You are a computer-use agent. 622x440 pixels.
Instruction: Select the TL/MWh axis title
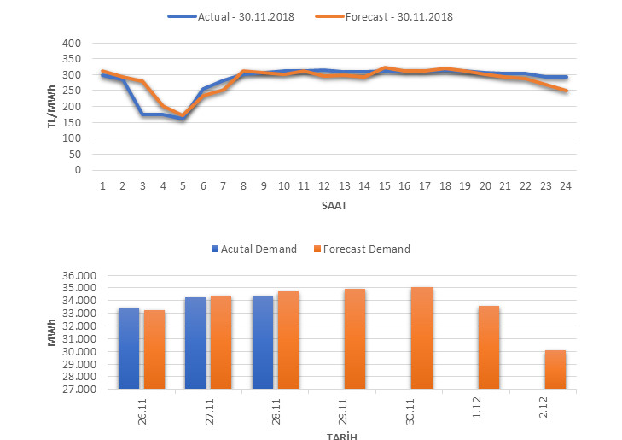53,107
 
